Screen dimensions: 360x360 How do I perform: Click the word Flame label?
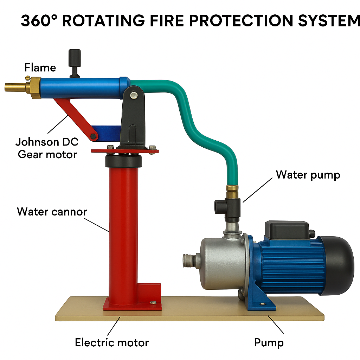[x=40, y=67]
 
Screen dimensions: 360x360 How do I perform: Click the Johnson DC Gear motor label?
[x=47, y=148]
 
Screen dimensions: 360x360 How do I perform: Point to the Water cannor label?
[x=52, y=212]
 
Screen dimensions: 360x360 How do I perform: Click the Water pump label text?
[x=308, y=175]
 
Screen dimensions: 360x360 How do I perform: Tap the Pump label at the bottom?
[x=269, y=342]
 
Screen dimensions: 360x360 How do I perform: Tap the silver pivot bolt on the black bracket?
[x=134, y=95]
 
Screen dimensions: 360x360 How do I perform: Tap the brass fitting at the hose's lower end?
[x=232, y=192]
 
